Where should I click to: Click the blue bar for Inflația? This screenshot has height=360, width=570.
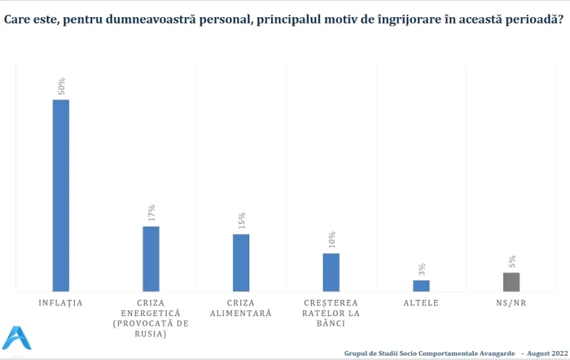61,195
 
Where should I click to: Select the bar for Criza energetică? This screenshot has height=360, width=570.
151,258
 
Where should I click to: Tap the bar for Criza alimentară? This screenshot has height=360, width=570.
241,262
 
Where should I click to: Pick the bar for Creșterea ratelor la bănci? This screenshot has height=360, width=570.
331,272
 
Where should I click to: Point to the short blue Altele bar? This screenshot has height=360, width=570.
421,285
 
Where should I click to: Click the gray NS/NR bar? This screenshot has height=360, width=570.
511,281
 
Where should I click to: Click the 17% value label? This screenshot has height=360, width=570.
151,213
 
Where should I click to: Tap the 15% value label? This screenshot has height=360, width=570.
241,221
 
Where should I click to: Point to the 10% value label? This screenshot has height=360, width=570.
331,240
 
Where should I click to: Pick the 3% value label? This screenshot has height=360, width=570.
422,270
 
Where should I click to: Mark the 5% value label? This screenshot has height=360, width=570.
511,261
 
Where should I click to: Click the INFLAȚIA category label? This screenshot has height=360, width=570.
61,303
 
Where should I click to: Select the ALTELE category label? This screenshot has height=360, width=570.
421,303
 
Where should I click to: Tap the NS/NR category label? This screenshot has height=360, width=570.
511,303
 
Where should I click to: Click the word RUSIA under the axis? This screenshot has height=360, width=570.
151,334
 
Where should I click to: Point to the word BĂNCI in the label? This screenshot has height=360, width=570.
331,323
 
